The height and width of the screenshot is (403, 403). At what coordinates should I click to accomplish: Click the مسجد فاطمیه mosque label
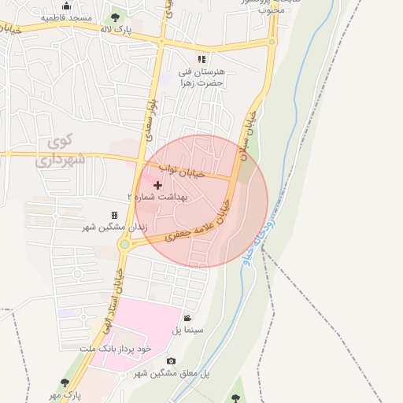(x=66, y=17)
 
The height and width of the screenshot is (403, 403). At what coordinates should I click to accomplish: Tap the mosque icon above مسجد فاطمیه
(x=66, y=6)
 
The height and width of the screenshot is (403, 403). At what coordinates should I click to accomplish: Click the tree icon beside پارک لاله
(x=116, y=17)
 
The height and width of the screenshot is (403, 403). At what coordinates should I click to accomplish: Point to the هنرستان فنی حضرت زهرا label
(x=201, y=76)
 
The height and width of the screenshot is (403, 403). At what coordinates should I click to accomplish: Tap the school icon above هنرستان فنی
(x=201, y=59)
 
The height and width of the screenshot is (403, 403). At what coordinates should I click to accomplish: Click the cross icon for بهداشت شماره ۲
(x=158, y=185)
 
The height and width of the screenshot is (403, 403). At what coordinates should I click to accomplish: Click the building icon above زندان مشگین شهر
(x=114, y=215)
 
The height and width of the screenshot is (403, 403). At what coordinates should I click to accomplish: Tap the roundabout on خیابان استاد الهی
(x=124, y=245)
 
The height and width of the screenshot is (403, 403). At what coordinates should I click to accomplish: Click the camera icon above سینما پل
(x=187, y=318)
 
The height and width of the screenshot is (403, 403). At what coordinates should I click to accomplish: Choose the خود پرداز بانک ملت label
(x=120, y=347)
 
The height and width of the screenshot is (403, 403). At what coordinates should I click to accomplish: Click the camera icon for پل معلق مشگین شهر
(x=171, y=361)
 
